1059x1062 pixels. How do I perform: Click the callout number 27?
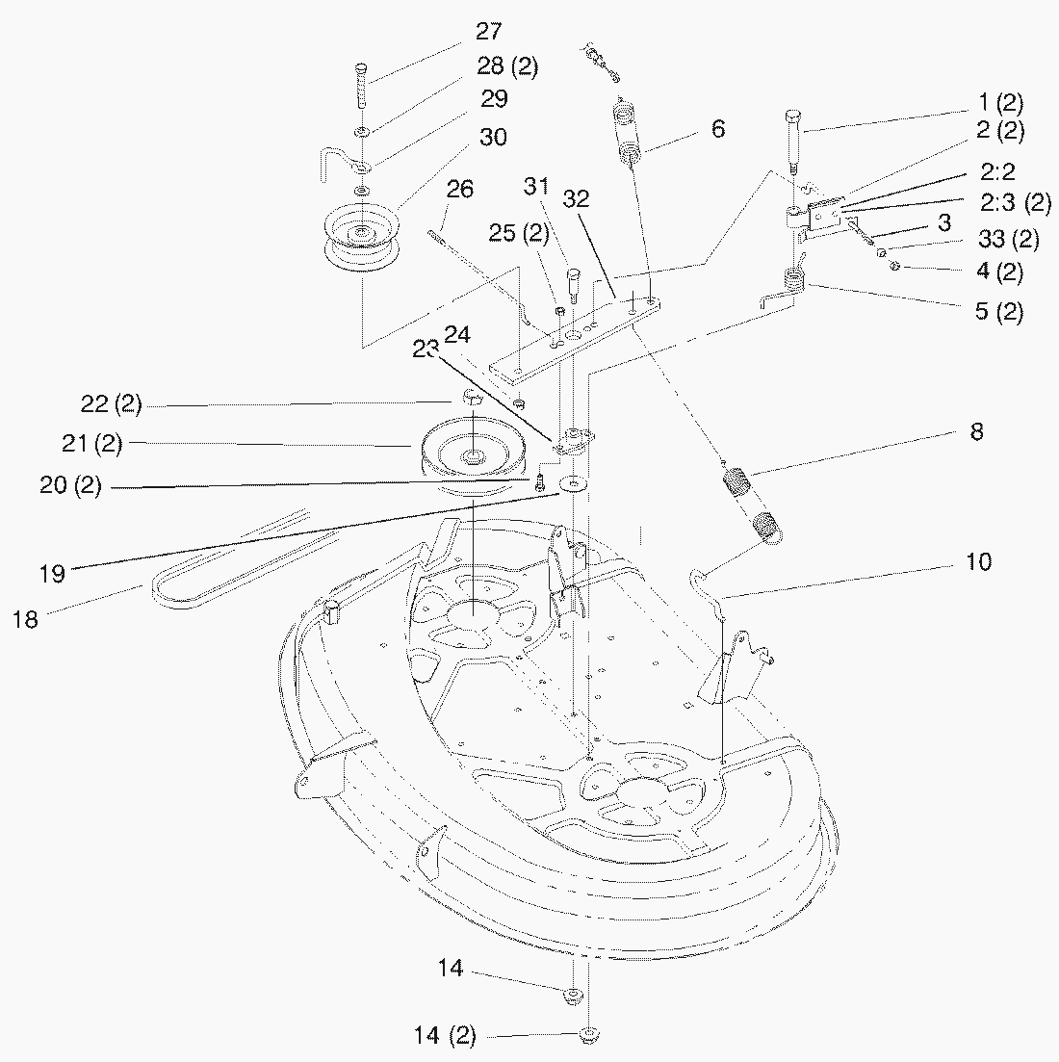click(488, 32)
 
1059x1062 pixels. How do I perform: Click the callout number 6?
click(718, 129)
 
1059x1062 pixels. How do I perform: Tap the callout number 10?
click(978, 561)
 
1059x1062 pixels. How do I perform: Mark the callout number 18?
click(26, 620)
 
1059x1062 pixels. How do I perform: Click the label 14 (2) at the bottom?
click(445, 1036)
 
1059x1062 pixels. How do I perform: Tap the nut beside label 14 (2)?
click(586, 1036)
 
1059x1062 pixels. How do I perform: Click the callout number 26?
click(460, 189)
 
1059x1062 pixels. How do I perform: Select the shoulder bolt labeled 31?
click(571, 284)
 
